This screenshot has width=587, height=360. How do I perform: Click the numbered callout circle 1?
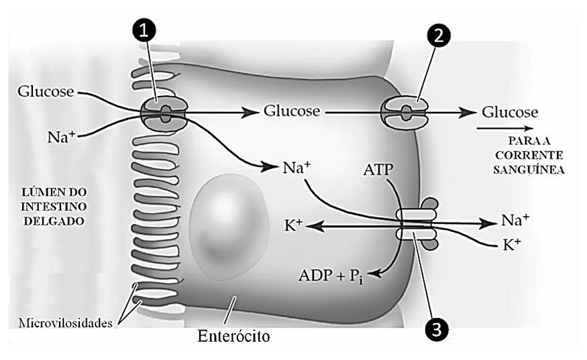tap(144, 31)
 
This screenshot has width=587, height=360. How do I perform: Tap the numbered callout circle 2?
tap(438, 35)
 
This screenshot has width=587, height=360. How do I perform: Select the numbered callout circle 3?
tap(437, 330)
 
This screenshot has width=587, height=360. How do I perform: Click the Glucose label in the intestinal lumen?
tap(46, 92)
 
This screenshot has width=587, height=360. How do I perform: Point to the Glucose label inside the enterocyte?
tap(292, 111)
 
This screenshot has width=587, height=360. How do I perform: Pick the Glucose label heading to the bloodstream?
tap(510, 112)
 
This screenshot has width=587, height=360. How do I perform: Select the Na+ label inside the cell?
tap(297, 168)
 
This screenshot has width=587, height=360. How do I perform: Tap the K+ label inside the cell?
tap(293, 225)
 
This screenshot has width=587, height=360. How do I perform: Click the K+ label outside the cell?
tap(512, 245)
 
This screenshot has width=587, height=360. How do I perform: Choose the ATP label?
tap(378, 170)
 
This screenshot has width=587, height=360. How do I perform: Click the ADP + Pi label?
tap(331, 276)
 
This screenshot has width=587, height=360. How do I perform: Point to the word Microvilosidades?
tap(66, 323)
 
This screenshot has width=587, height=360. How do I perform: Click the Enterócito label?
tap(233, 336)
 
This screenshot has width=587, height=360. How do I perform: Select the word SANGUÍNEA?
tap(529, 170)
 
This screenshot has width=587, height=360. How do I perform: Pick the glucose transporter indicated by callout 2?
tap(405, 112)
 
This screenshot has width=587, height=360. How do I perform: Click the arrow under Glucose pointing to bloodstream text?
tap(504, 128)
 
